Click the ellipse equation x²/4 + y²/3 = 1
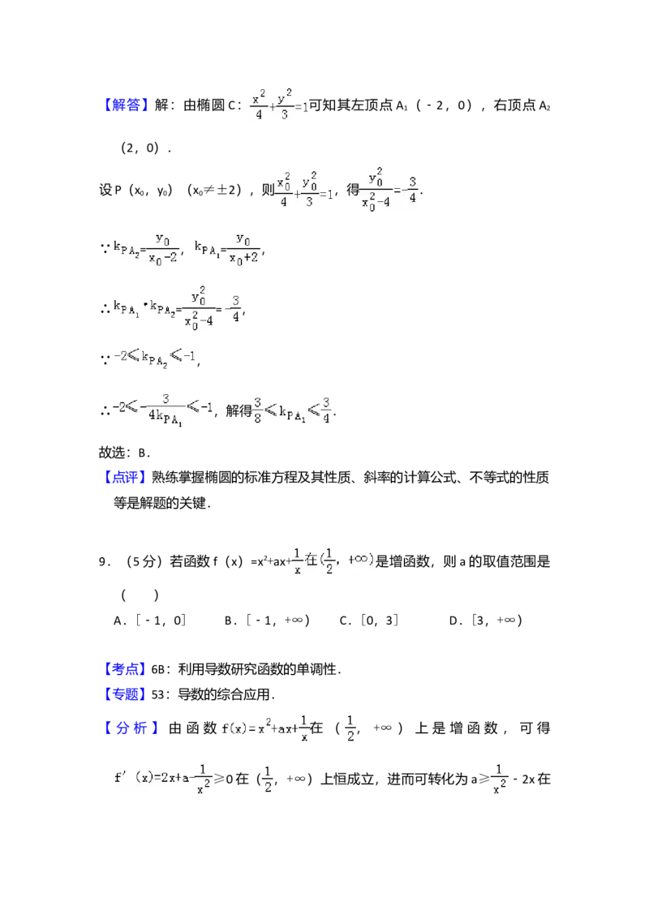coord(278,105)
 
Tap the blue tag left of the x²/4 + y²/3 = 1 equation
coord(127,106)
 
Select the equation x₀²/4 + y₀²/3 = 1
coord(305,192)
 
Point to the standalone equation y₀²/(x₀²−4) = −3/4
coord(389,189)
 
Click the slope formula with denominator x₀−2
coord(146,248)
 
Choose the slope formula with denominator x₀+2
coord(228,248)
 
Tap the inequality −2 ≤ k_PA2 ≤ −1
coord(155,358)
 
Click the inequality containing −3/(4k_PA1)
coord(162,409)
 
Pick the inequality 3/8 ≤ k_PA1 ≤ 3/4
coord(292,409)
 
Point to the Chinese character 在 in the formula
coord(312,560)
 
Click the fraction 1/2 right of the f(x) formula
coord(350,728)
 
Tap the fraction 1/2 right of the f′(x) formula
coord(269,779)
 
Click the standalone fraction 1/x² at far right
coord(500,779)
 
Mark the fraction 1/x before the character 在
coord(297,560)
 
